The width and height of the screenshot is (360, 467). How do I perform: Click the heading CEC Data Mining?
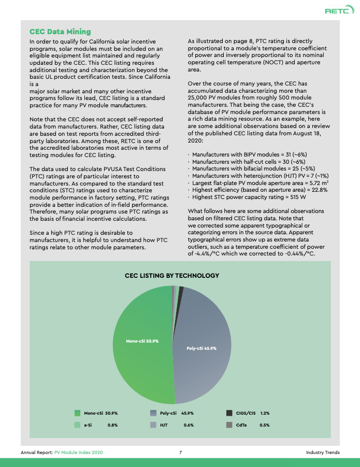pyautogui.click(x=60, y=32)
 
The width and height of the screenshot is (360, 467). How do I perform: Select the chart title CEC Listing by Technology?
pyautogui.click(x=172, y=275)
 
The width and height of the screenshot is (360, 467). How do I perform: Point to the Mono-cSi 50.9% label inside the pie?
pyautogui.click(x=142, y=341)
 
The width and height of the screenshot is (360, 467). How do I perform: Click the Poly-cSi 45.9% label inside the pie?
pyautogui.click(x=201, y=348)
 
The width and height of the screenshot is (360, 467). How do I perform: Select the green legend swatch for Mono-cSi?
pyautogui.click(x=77, y=413)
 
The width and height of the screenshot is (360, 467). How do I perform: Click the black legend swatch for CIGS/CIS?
pyautogui.click(x=229, y=413)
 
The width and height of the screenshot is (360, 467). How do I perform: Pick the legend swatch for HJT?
pyautogui.click(x=153, y=425)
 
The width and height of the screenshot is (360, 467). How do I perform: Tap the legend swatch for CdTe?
pyautogui.click(x=229, y=425)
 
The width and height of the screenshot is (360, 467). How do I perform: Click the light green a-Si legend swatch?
pyautogui.click(x=77, y=425)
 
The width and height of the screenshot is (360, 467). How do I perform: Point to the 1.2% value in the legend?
pyautogui.click(x=265, y=413)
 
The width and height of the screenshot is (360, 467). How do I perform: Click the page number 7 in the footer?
pyautogui.click(x=180, y=452)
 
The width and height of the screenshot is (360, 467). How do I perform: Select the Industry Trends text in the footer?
pyautogui.click(x=323, y=452)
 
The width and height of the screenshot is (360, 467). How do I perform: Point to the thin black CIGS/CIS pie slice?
pyautogui.click(x=181, y=289)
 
